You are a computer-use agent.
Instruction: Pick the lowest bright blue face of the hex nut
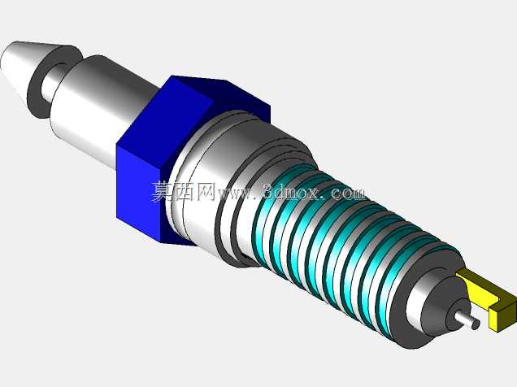(x=138, y=194)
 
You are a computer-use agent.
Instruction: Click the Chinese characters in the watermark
(x=184, y=191)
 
